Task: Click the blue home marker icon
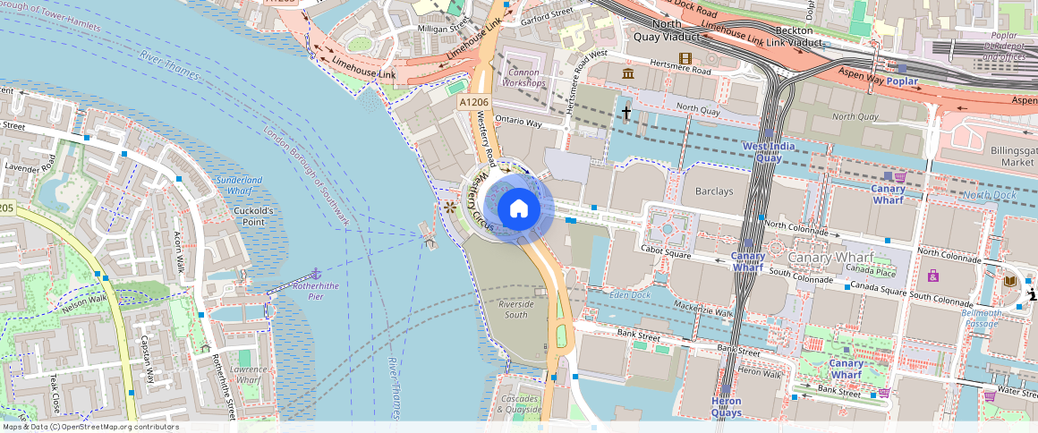tap(519, 209)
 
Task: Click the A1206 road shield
tap(473, 103)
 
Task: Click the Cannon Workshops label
tap(526, 78)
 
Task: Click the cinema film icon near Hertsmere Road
tap(685, 58)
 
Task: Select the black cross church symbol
tap(626, 113)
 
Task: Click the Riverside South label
tap(516, 309)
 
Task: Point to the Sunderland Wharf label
tap(239, 185)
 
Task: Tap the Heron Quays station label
tap(726, 407)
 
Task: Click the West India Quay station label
tap(762, 152)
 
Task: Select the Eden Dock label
tap(629, 295)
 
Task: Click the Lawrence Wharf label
tap(248, 375)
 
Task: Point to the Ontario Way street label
tap(519, 122)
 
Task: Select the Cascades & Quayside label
tap(520, 404)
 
